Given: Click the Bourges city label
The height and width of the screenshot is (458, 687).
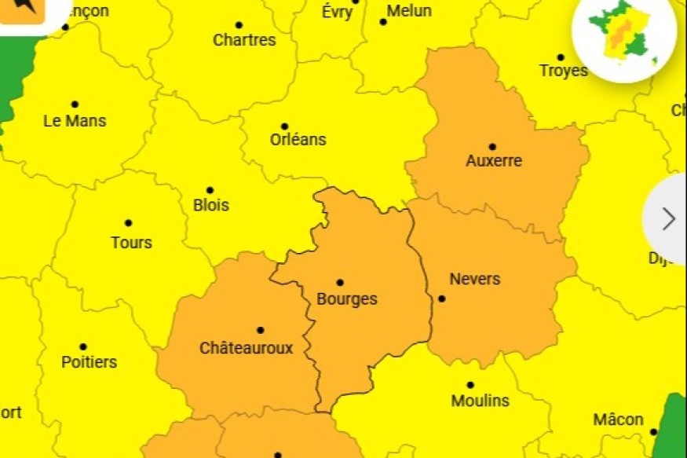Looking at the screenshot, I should point(346,299).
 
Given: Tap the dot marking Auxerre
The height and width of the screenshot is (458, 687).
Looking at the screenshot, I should point(492,146).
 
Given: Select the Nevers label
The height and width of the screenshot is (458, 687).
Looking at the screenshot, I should point(474,279).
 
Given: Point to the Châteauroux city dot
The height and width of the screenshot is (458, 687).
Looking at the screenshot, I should point(260,330).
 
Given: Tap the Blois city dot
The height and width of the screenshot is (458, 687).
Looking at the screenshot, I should point(210,190).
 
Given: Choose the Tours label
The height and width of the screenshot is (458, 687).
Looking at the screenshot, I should point(131,242).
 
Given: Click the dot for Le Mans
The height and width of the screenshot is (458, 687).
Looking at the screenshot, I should point(75,104).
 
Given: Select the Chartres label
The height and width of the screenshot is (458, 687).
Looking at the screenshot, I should point(244,40).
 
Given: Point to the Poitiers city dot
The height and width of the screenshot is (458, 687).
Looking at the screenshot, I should point(83,346).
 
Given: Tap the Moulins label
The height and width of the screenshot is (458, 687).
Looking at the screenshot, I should point(480,401).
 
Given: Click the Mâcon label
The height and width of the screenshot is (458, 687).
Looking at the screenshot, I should point(618,420).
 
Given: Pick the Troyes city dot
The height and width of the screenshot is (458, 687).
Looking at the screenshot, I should point(561,57).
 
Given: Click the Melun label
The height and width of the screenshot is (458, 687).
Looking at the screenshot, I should point(409,11).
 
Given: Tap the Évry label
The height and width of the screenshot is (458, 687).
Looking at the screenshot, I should point(338,12).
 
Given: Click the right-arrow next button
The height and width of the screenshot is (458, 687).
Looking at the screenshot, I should point(668,219).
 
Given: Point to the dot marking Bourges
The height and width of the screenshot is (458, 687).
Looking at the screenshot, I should point(340,282).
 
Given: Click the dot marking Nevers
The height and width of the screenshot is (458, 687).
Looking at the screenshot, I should point(442,299).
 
